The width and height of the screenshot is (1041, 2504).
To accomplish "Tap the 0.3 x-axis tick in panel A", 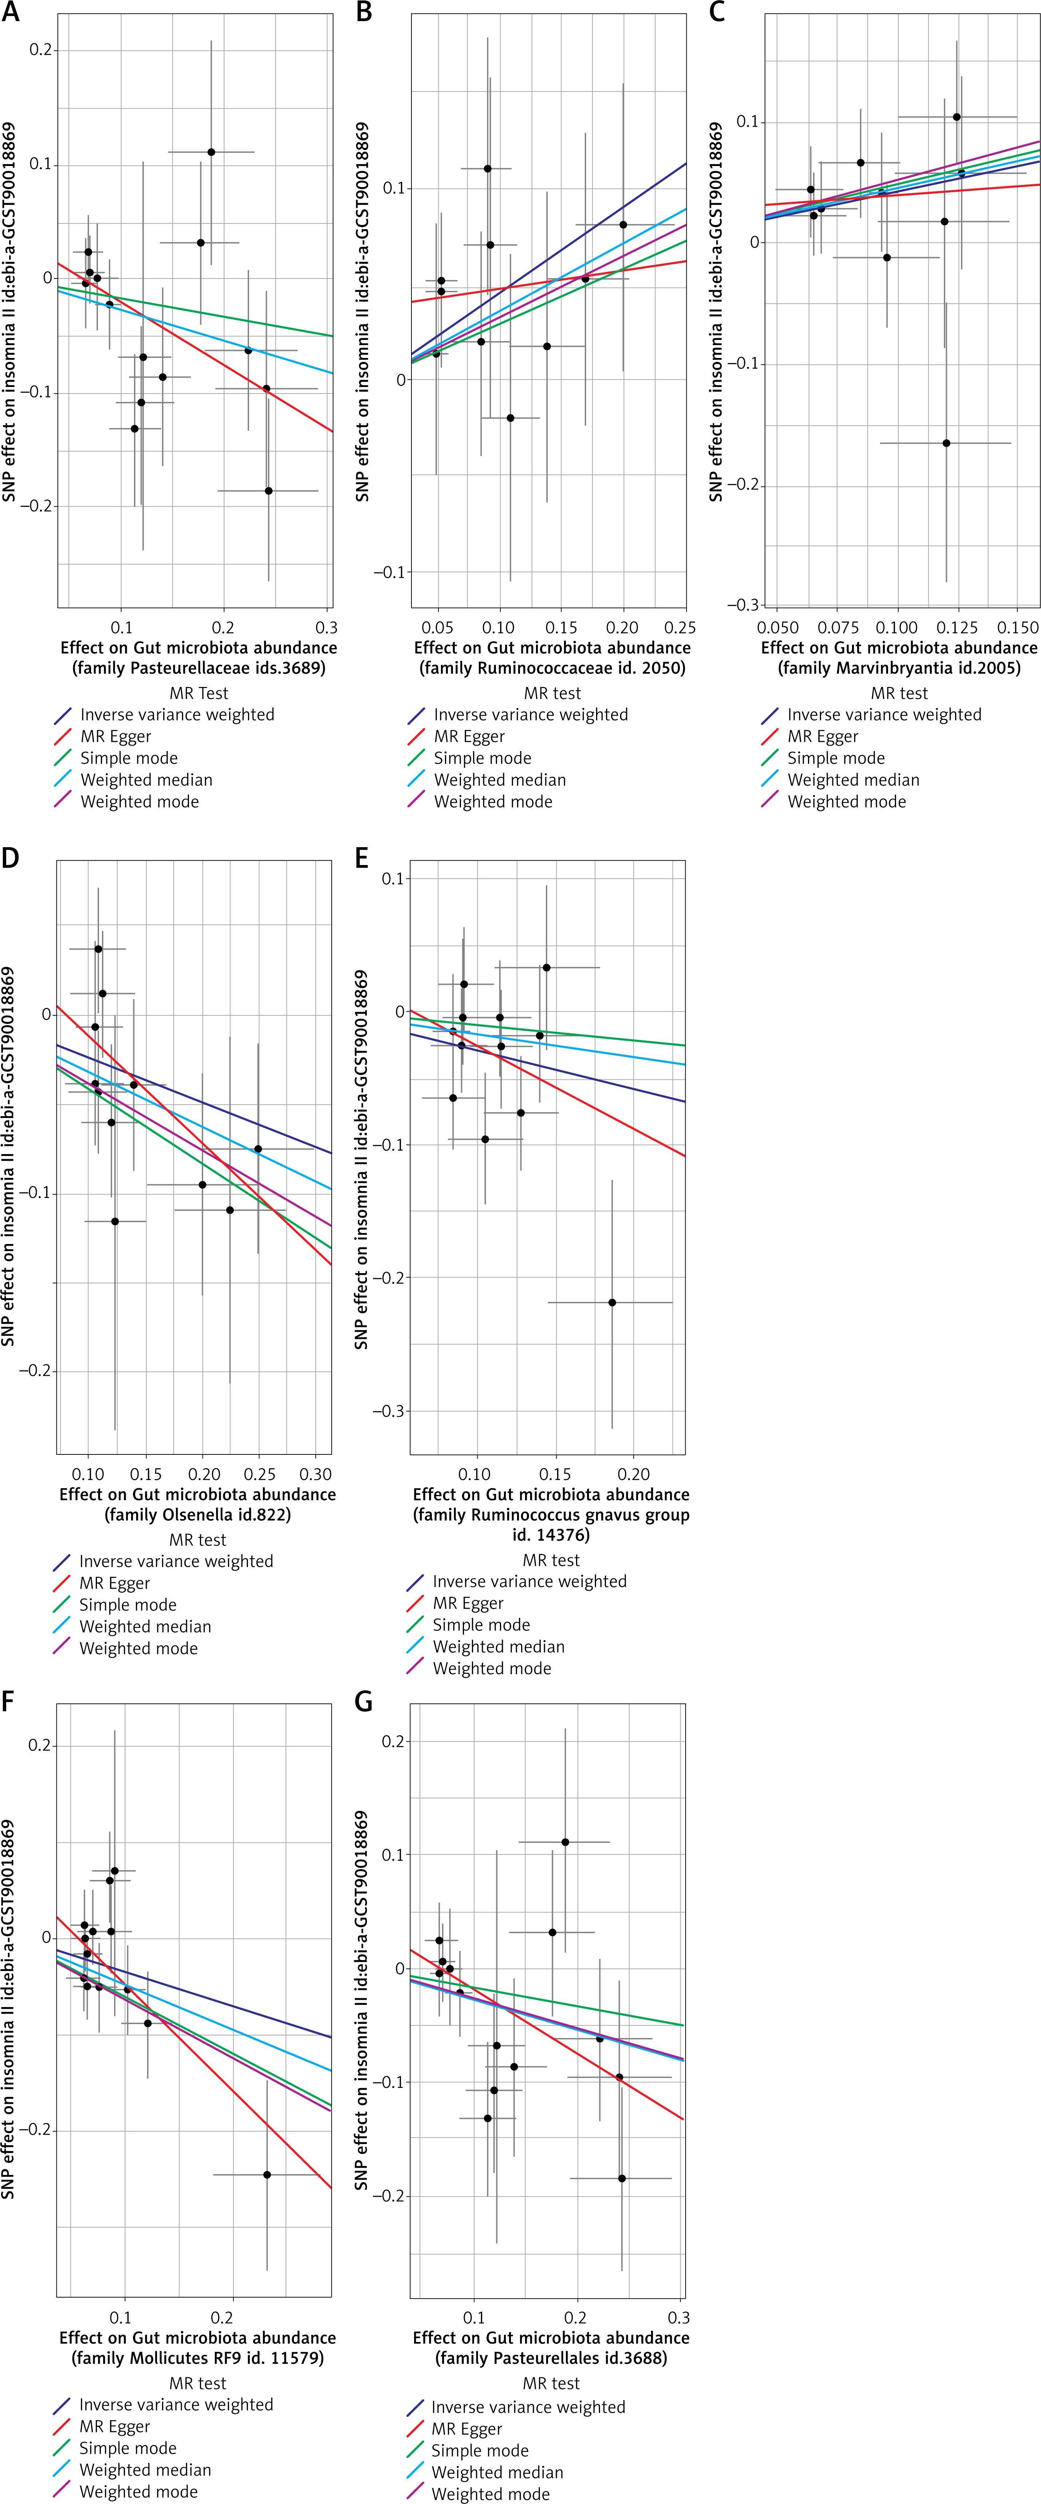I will click(327, 628).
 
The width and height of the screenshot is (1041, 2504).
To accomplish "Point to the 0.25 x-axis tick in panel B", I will click(681, 628).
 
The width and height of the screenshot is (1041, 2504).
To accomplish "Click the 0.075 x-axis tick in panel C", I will click(838, 628).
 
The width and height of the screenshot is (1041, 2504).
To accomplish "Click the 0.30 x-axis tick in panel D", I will click(316, 1474).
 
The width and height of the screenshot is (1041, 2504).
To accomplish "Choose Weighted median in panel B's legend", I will click(500, 779).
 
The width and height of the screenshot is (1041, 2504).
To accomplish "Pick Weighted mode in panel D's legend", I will click(138, 1648).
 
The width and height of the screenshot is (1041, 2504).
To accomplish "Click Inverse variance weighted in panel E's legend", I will click(530, 1581).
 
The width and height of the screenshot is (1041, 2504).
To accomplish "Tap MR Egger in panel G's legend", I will click(466, 2429).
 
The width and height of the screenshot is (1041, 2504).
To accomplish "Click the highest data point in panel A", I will click(211, 152).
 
